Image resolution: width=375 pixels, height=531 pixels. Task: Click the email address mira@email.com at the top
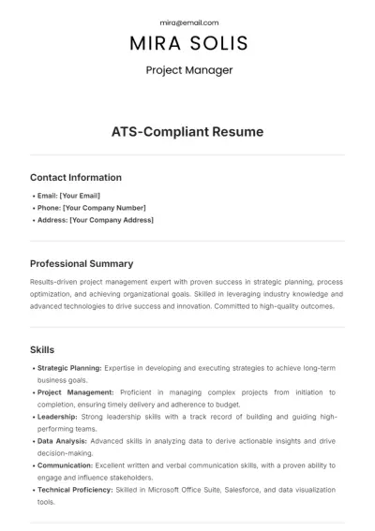[x=188, y=22]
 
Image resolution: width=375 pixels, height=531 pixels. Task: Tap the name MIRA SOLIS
[x=188, y=43]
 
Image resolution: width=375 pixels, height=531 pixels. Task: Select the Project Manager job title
[x=188, y=69]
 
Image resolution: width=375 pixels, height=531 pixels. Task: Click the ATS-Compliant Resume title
[x=187, y=132]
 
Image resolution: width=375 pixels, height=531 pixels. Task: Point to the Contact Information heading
[x=76, y=177]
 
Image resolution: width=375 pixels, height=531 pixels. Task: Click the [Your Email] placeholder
[x=80, y=195]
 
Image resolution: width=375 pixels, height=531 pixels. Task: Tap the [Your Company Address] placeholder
[x=112, y=220]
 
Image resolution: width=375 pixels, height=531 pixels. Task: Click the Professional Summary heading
[x=82, y=264]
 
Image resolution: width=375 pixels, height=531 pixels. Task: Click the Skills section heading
[x=42, y=349]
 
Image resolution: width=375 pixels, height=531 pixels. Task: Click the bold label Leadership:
[x=56, y=416]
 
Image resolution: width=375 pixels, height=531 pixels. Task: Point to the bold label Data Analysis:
[x=62, y=440]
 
